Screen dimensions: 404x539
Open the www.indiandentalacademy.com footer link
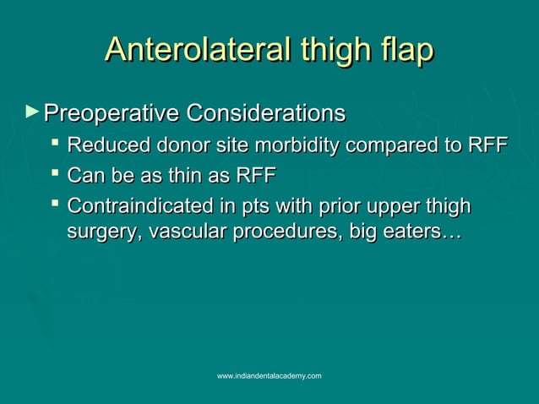coord(269,374)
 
